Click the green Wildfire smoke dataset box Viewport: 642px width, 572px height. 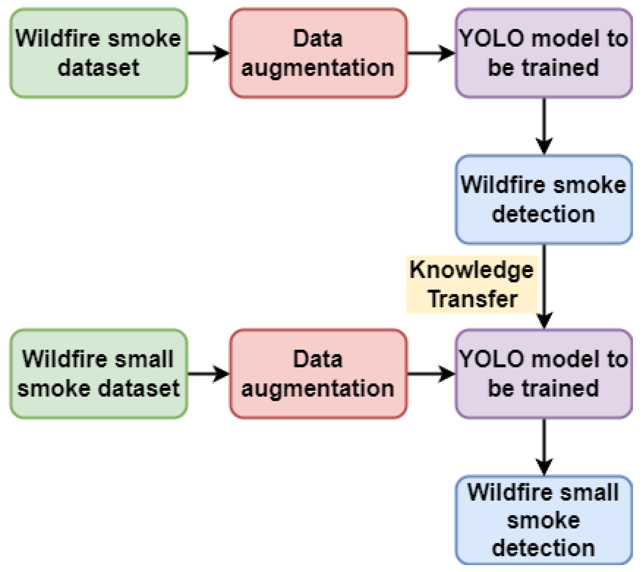coord(98,53)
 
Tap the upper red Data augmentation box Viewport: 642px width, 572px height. coord(318,53)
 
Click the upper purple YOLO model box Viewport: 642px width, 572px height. coord(544,53)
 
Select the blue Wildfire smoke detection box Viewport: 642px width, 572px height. coord(544,199)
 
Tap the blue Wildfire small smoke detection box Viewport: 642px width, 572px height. coord(544,520)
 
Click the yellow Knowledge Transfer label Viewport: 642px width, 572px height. coord(472,284)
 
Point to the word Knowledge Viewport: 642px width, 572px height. coord(472,270)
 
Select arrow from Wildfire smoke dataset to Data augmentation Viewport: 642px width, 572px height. coord(208,53)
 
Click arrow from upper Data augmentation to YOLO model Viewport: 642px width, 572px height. coord(431,53)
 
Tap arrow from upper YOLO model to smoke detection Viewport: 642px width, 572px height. coord(544,126)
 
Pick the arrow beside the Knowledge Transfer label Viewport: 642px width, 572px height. coord(544,286)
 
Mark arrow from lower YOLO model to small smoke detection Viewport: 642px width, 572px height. coord(544,446)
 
